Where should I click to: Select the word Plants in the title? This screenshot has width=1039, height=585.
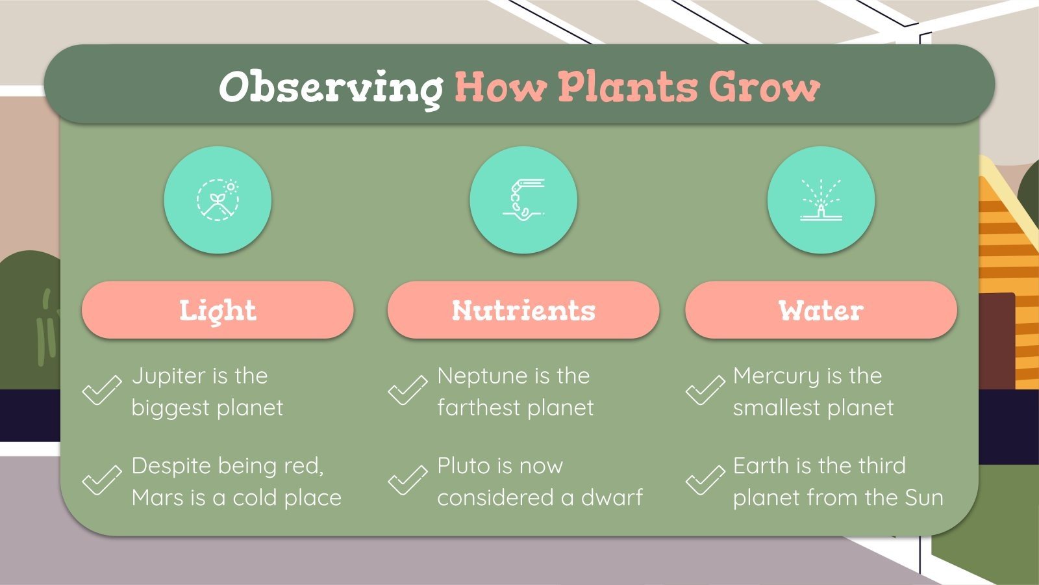(x=627, y=87)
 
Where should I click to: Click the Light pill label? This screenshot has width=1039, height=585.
(x=218, y=310)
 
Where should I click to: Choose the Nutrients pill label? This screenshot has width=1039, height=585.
(x=523, y=310)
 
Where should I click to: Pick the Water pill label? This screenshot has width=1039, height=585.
(x=821, y=310)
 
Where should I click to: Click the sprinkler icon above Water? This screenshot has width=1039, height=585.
(x=821, y=200)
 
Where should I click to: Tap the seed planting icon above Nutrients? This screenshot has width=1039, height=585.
(x=523, y=200)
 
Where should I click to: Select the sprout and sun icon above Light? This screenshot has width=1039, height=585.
(x=218, y=200)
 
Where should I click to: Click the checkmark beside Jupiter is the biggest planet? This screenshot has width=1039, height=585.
(x=102, y=390)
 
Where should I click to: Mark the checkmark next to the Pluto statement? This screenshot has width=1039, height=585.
(x=407, y=480)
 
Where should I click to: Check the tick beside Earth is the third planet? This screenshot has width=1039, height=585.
(x=705, y=480)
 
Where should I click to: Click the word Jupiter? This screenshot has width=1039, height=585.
(x=169, y=376)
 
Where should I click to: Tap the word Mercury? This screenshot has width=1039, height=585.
(x=777, y=376)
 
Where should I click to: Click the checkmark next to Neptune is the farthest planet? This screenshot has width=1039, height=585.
(x=407, y=390)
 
